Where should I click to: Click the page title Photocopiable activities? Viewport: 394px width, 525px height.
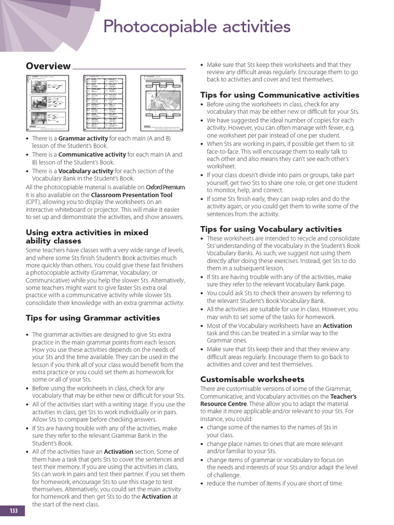197,27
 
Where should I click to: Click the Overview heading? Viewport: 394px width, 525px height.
48,66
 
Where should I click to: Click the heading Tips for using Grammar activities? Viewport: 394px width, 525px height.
93,318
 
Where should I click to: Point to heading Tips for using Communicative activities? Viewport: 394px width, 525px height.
280,95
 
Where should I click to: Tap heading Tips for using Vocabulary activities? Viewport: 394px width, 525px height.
271,229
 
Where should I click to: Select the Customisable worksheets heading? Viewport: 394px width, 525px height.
252,379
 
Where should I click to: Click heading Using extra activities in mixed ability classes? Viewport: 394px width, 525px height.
87,236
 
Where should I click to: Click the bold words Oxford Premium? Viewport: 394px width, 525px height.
165,187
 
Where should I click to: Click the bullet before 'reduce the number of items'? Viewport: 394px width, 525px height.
202,484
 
